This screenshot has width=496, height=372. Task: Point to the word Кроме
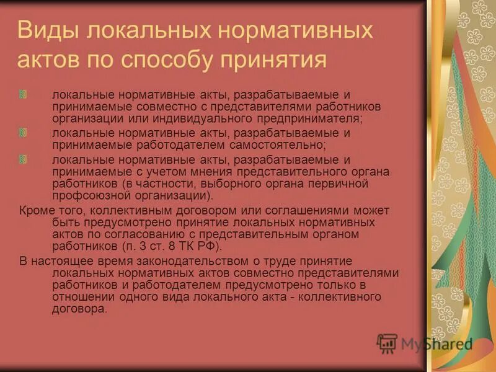click(35, 210)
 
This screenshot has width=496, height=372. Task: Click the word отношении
click(81, 298)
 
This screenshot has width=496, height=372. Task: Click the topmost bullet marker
click(22, 94)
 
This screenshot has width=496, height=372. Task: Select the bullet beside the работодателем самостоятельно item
click(22, 133)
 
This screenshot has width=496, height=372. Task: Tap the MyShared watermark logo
click(425, 343)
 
